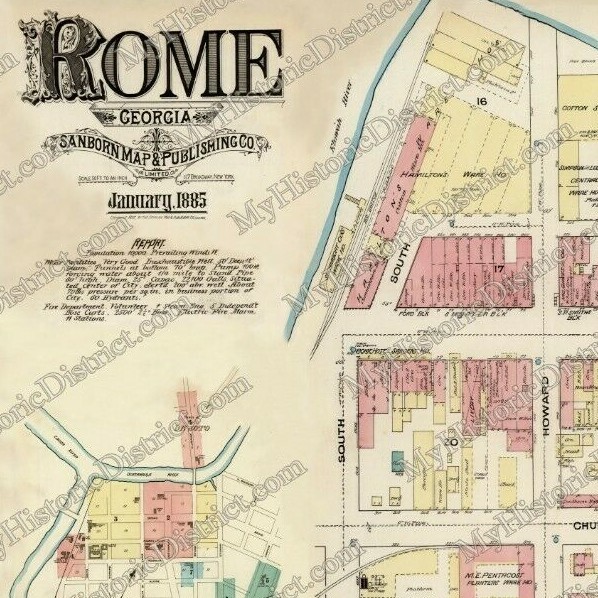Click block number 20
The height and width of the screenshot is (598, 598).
coord(453,440)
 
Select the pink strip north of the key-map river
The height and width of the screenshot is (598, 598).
coord(188,411)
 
